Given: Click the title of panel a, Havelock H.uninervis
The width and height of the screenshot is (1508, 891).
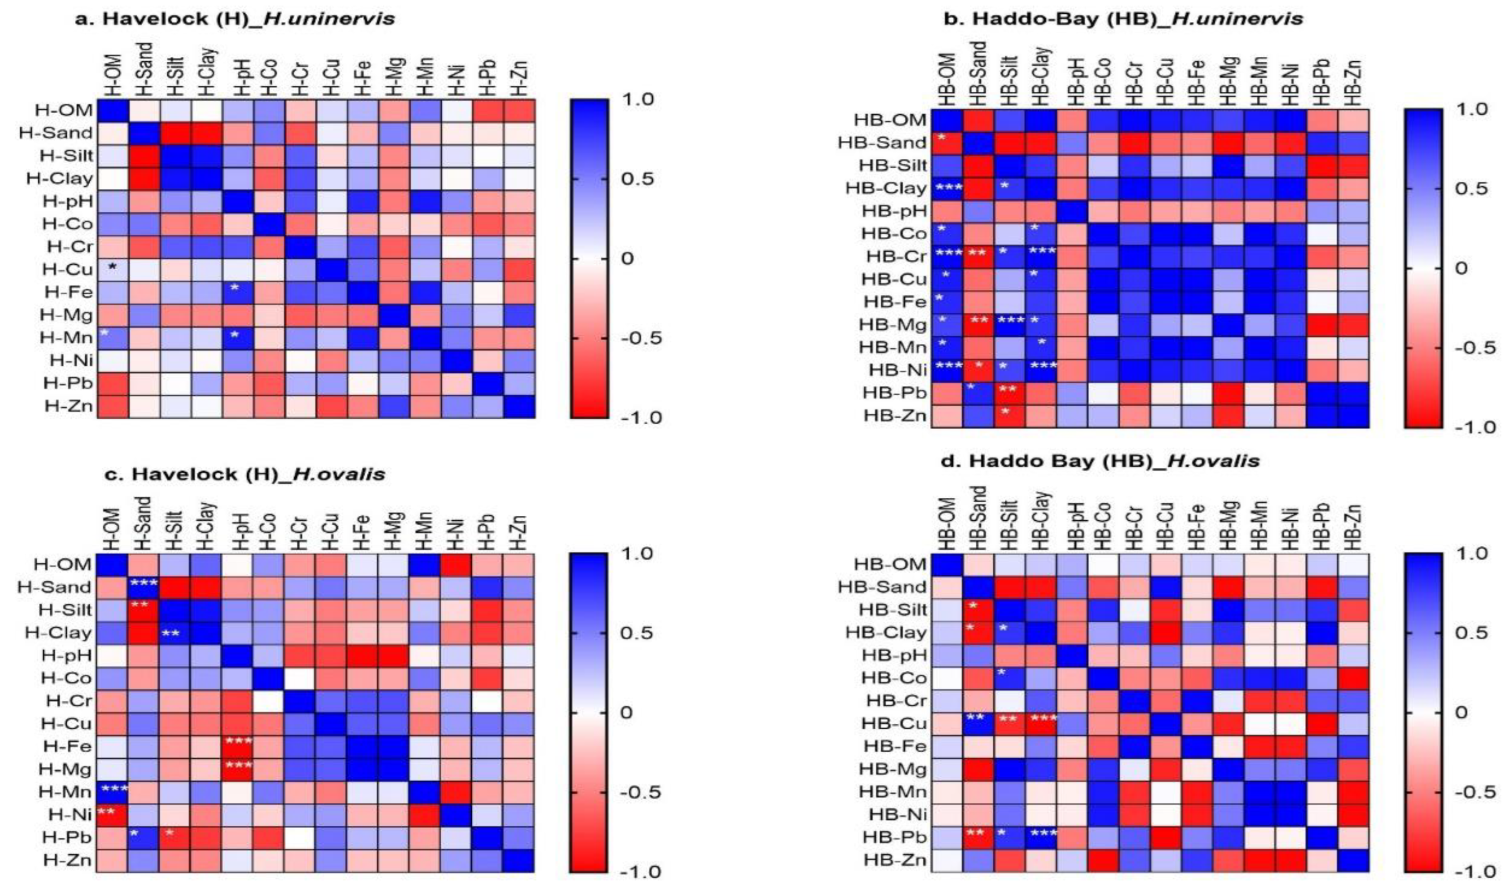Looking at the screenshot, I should click(x=234, y=19).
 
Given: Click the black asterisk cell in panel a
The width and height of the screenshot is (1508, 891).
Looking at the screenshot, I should click(x=112, y=269).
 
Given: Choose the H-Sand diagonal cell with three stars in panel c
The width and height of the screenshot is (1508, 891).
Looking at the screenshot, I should click(x=144, y=586).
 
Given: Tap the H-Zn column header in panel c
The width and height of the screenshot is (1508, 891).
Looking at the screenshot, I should click(x=519, y=532).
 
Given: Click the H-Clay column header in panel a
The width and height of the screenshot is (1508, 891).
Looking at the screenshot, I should click(x=207, y=71).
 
